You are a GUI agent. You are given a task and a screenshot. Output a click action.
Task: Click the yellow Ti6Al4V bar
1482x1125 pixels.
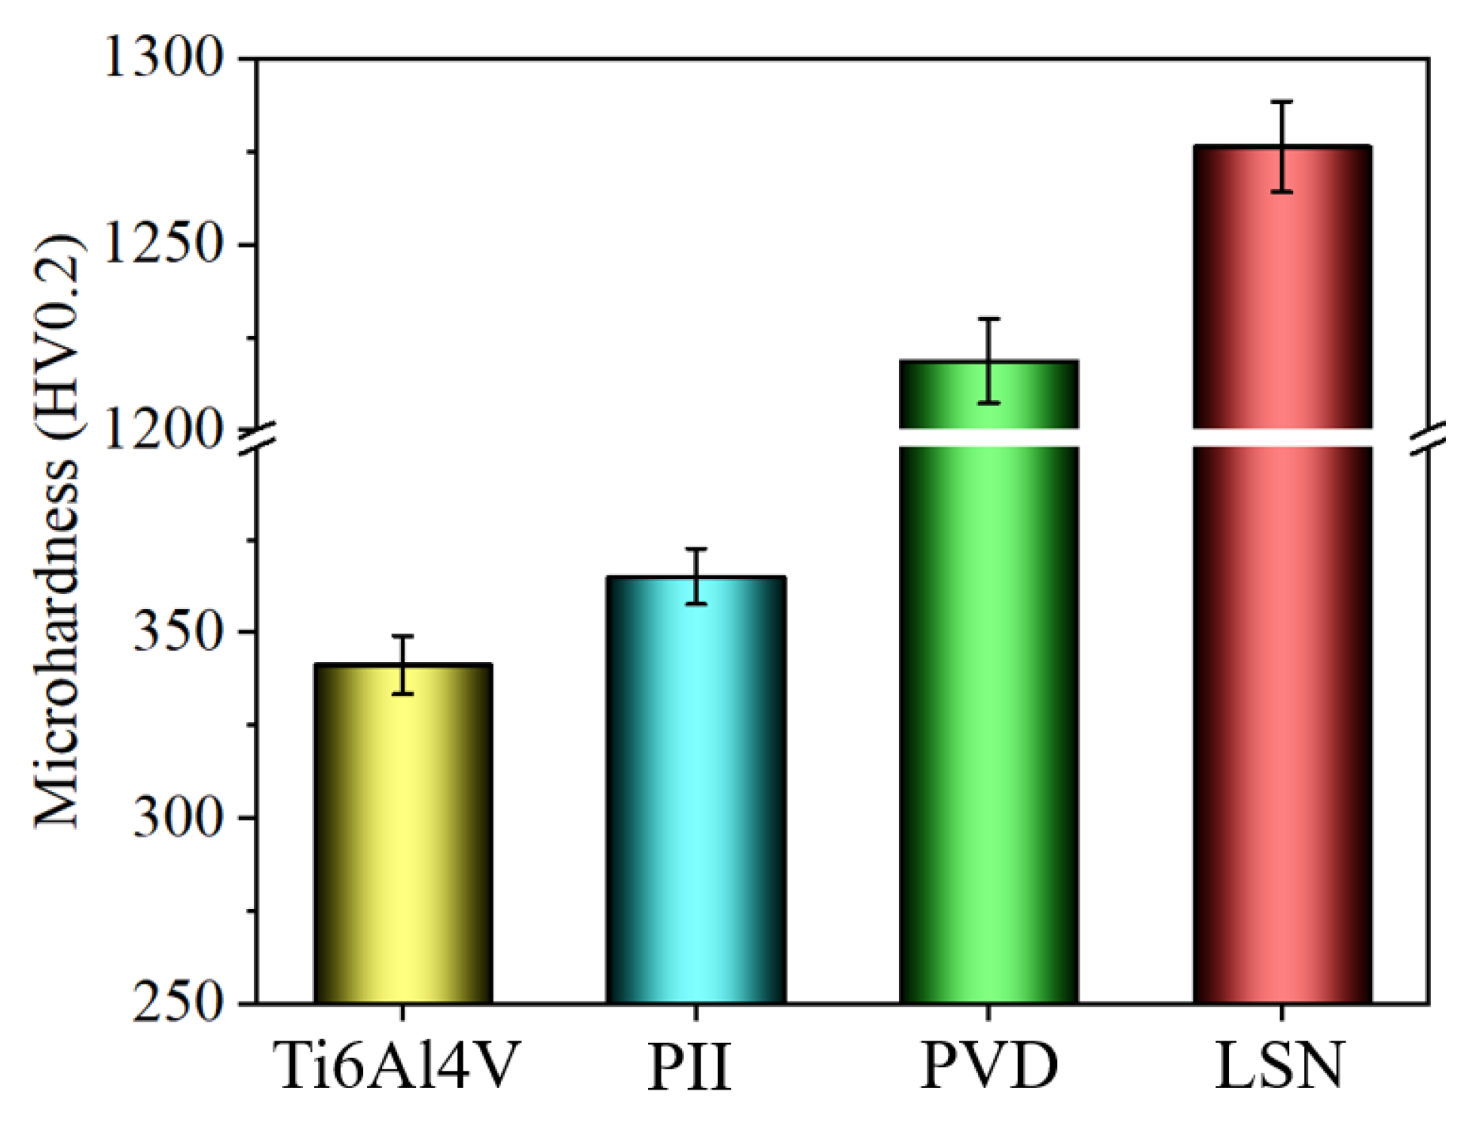[403, 836]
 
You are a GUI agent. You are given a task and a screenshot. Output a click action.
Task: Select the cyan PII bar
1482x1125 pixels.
[695, 791]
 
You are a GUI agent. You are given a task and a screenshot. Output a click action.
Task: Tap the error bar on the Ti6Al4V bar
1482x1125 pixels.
[403, 665]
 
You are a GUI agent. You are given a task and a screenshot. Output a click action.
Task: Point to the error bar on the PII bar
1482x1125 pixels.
[696, 576]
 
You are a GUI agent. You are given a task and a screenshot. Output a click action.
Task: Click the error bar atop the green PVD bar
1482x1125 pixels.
[989, 361]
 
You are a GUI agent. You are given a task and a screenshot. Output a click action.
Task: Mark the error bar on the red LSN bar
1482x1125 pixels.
[1282, 146]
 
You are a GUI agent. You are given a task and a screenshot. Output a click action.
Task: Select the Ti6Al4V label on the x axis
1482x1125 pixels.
[396, 1066]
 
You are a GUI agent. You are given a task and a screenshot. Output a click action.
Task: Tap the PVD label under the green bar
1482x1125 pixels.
[989, 1066]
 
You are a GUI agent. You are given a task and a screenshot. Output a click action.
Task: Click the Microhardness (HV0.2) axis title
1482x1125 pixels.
[57, 531]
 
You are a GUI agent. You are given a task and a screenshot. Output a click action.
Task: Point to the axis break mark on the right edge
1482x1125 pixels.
[1429, 438]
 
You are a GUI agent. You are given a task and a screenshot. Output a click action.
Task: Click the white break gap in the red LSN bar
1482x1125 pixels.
[1282, 437]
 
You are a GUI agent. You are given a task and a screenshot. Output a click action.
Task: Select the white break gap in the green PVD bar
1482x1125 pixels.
[989, 437]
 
